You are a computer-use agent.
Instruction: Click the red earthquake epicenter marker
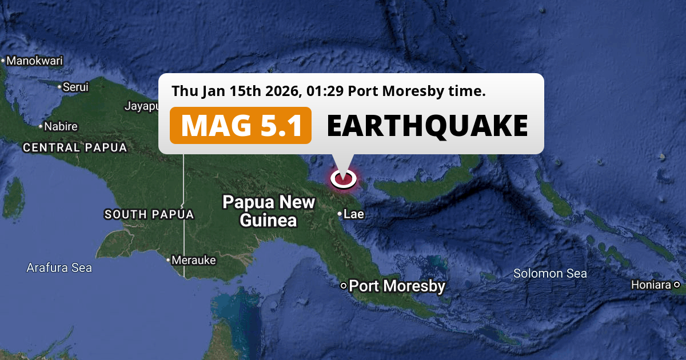(343, 179)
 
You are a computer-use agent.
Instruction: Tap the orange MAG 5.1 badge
(241, 126)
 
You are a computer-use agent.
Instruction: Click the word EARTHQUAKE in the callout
(427, 126)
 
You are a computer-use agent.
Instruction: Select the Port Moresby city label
(397, 286)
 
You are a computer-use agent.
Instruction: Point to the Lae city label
(354, 214)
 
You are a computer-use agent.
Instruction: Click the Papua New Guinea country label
(269, 211)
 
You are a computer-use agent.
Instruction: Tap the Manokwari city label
(34, 61)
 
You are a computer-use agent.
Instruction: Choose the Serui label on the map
(75, 87)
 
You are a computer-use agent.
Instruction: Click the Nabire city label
(61, 126)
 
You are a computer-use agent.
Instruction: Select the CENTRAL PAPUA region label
(74, 147)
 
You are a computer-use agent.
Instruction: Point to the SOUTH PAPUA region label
(149, 215)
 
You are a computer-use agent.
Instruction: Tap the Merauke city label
(194, 260)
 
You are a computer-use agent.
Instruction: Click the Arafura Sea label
(59, 267)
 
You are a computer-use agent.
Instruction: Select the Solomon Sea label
(550, 274)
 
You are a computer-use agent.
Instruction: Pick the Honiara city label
(651, 285)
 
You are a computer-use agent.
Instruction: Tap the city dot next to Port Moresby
(343, 286)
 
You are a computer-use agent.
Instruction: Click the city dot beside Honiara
(676, 285)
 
